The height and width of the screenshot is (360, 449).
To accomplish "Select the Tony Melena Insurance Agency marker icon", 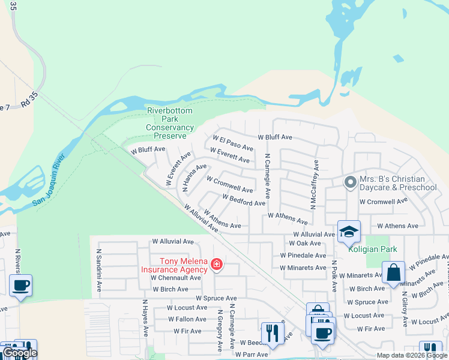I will click(216, 265).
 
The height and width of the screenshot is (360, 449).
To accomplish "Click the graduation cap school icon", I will click(349, 233).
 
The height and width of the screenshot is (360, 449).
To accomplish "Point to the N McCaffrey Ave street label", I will click(313, 185).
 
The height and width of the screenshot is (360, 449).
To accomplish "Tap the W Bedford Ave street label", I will click(243, 200).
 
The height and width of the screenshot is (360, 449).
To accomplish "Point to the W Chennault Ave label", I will click(176, 278).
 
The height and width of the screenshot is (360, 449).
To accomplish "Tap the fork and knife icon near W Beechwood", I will click(272, 333).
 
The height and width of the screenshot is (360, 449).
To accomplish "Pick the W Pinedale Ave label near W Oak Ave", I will click(303, 256).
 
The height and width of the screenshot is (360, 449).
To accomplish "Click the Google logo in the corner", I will click(20, 353).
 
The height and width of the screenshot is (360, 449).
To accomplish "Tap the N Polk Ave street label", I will click(334, 275).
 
